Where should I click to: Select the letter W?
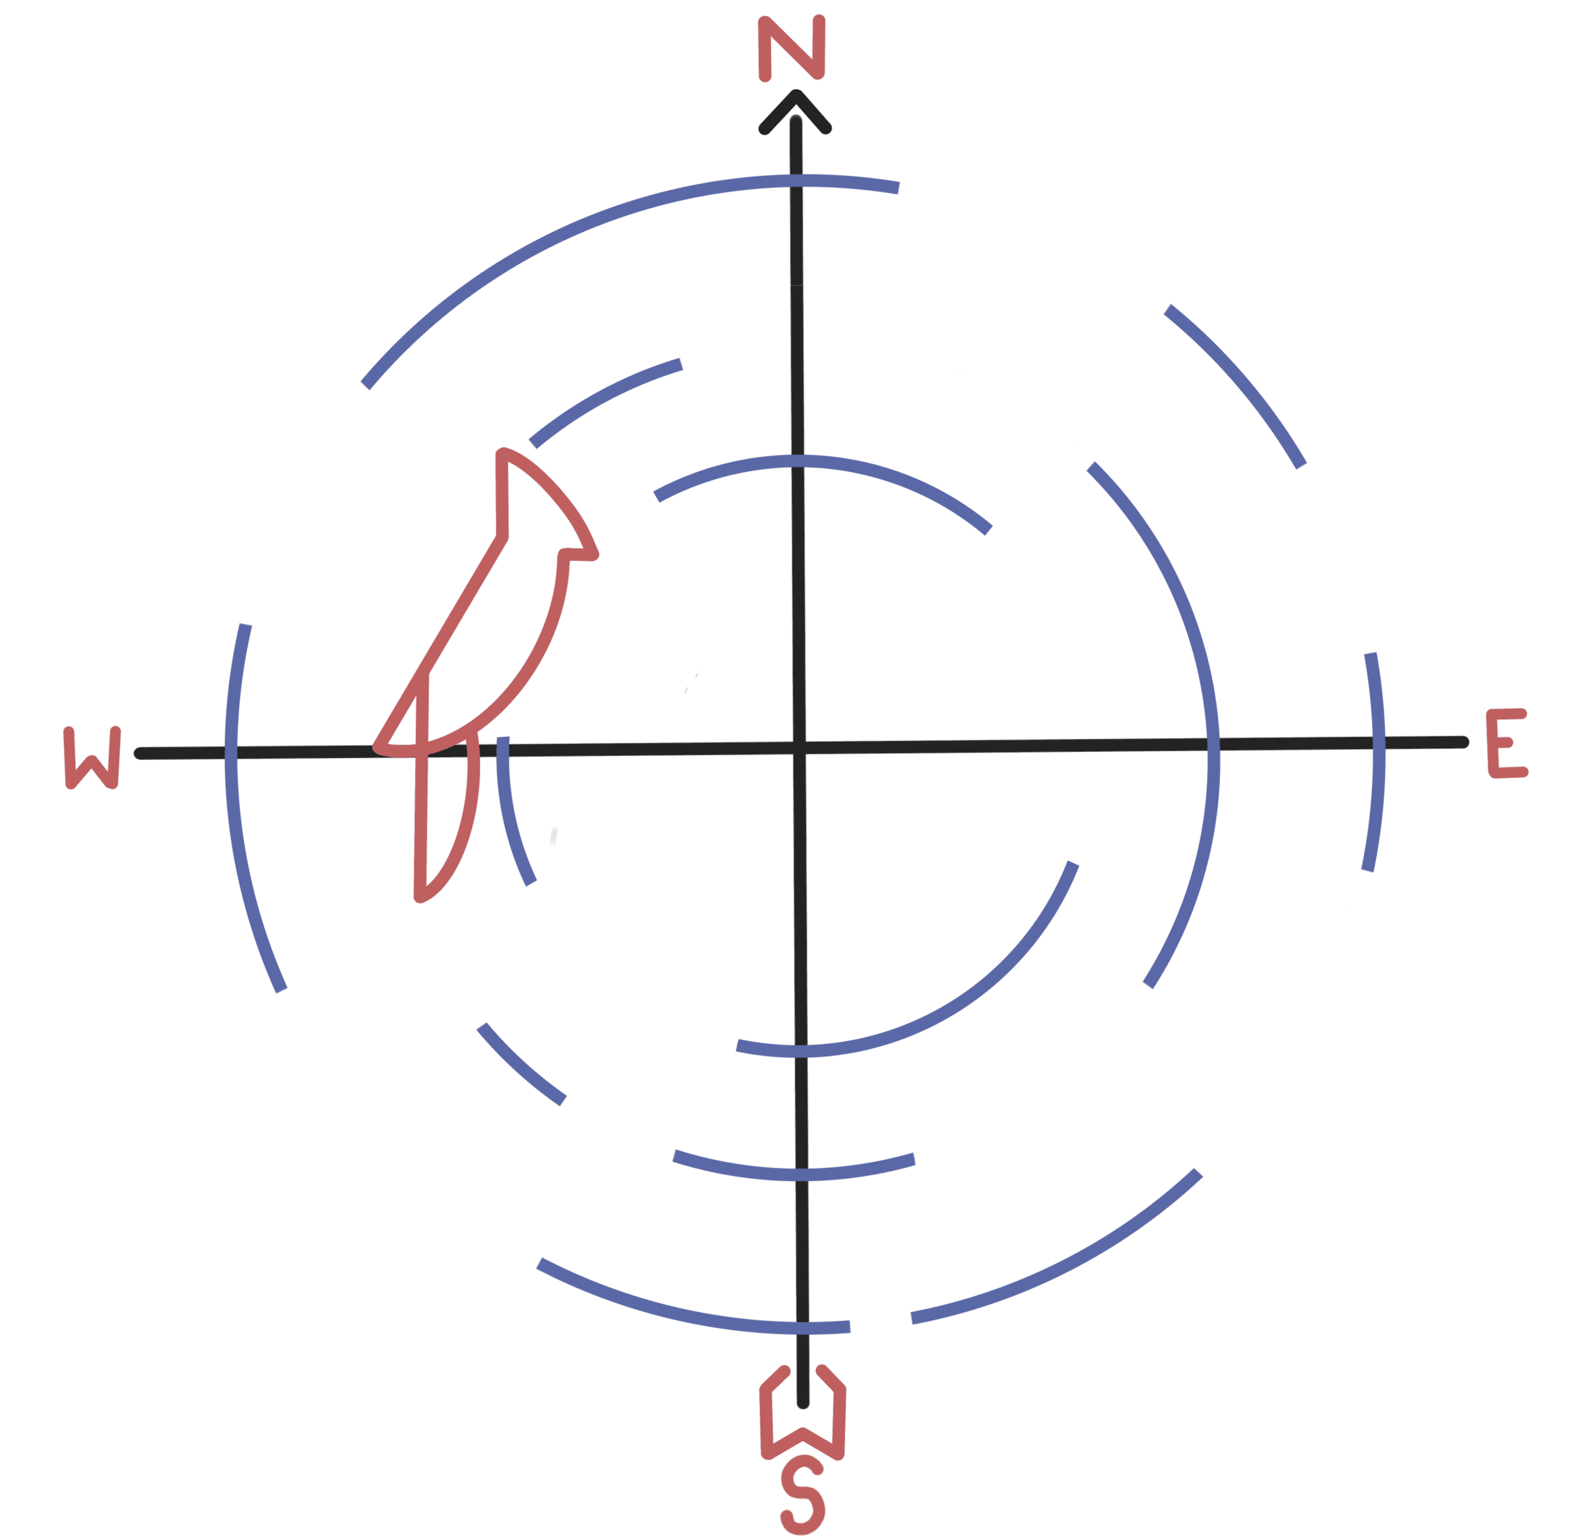pyautogui.click(x=92, y=758)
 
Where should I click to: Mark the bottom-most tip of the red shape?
pyautogui.click(x=419, y=897)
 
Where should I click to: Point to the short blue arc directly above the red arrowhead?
pyautogui.click(x=602, y=399)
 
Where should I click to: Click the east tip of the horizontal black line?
pyautogui.click(x=1464, y=741)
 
